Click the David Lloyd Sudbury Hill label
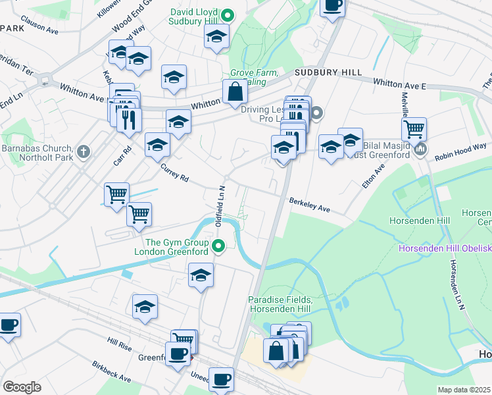pyautogui.click(x=195, y=18)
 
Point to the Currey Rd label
pyautogui.click(x=175, y=173)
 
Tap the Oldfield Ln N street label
pyautogui.click(x=222, y=204)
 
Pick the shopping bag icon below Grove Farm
pyautogui.click(x=235, y=92)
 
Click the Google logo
pyautogui.click(x=22, y=386)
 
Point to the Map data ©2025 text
pyautogui.click(x=464, y=390)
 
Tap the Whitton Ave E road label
pyautogui.click(x=400, y=84)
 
